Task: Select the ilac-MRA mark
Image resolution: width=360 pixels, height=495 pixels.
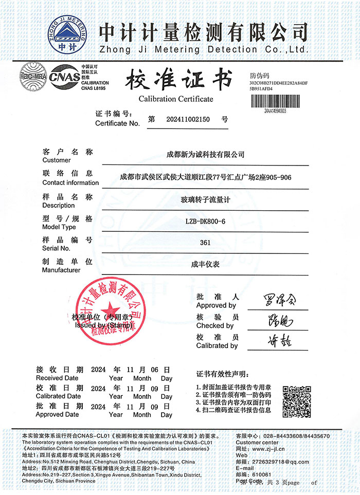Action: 33,77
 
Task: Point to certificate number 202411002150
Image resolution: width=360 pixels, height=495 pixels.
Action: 189,119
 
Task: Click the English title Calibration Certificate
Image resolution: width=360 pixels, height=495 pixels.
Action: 176,99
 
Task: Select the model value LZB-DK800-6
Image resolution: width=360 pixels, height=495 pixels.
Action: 205,222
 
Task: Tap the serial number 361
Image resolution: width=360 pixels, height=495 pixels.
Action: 205,243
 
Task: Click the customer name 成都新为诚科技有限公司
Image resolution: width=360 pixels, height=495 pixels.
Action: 206,154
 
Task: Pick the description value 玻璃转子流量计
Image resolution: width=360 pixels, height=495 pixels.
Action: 205,200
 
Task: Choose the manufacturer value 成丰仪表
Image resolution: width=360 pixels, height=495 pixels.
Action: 205,265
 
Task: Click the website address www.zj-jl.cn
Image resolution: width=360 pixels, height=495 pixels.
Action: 275,448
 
